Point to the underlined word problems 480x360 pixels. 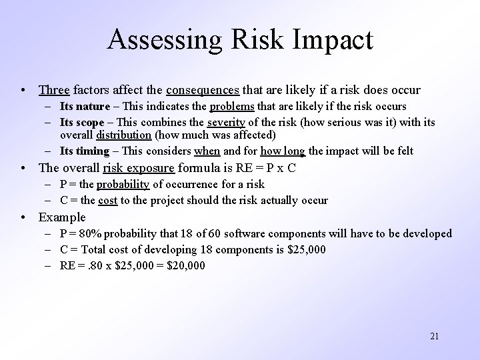[x=232, y=107]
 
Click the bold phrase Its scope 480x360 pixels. [x=81, y=123]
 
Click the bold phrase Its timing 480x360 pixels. [x=84, y=151]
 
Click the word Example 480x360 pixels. [x=62, y=217]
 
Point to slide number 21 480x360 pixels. [x=434, y=335]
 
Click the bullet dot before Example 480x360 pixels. [x=24, y=217]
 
